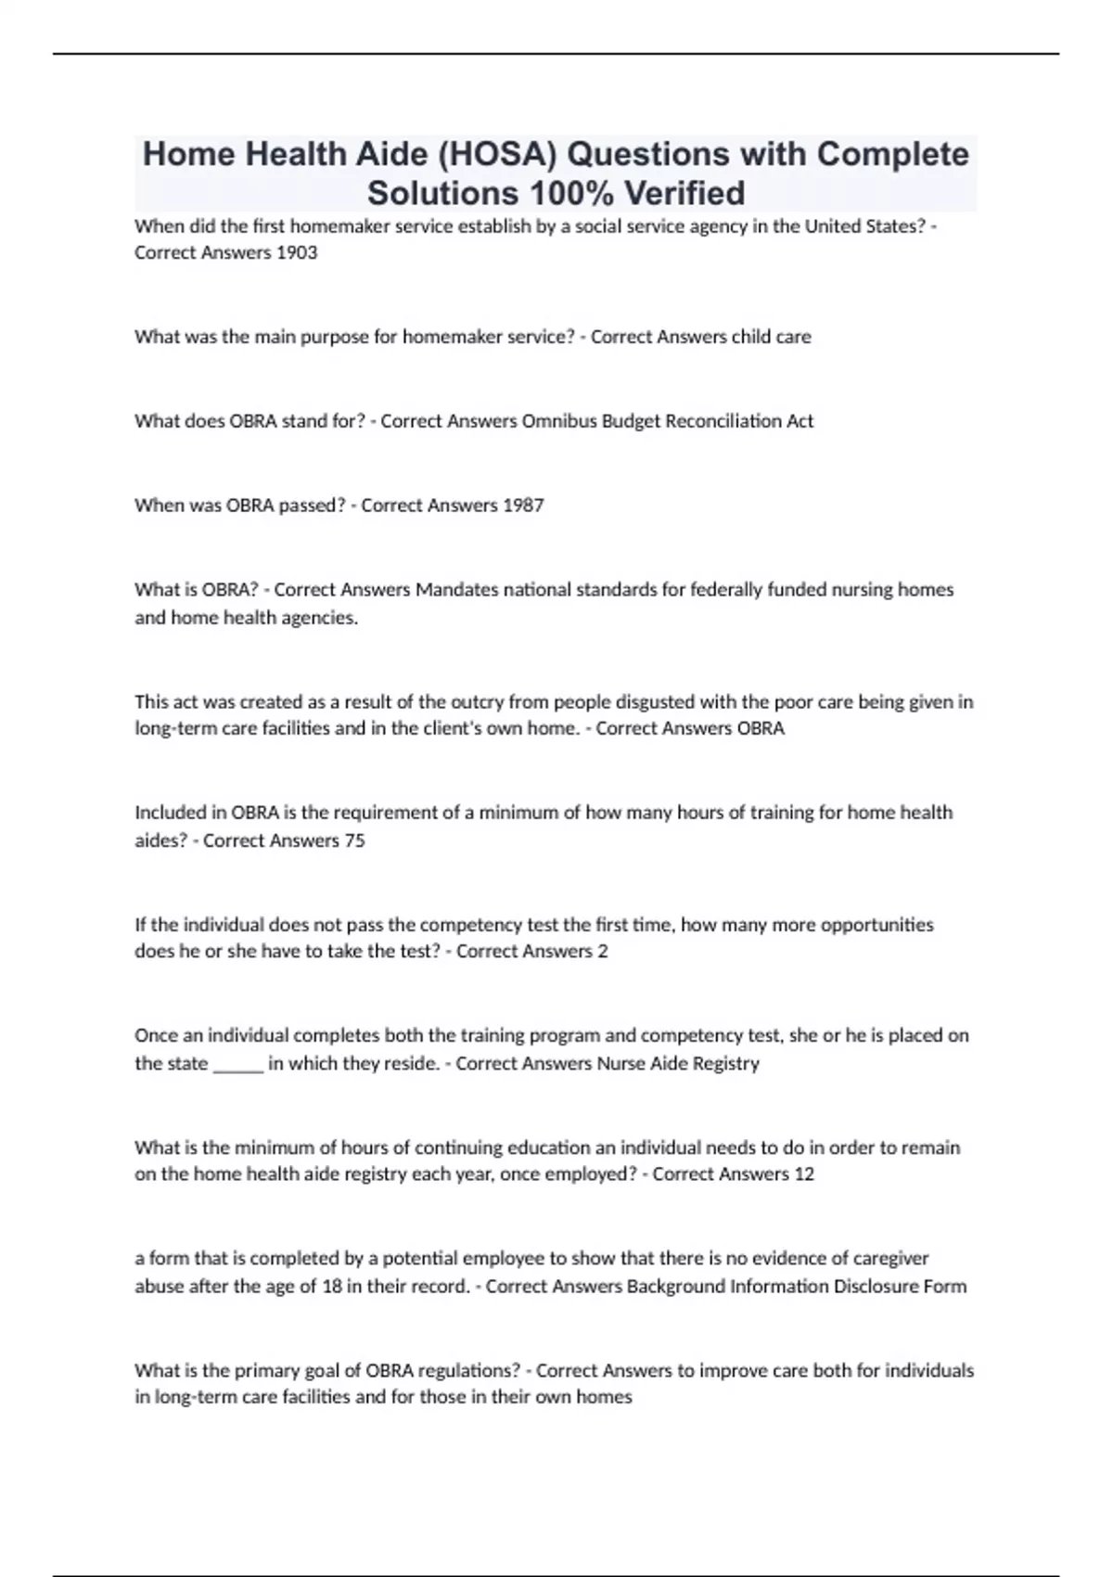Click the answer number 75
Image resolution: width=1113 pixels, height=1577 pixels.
pos(354,840)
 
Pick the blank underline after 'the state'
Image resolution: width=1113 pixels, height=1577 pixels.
pos(238,1064)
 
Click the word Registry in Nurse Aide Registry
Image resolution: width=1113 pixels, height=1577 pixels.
pos(725,1063)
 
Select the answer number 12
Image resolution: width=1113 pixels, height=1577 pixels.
pos(803,1174)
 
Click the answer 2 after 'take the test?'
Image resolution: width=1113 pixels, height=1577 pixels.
pos(603,952)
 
